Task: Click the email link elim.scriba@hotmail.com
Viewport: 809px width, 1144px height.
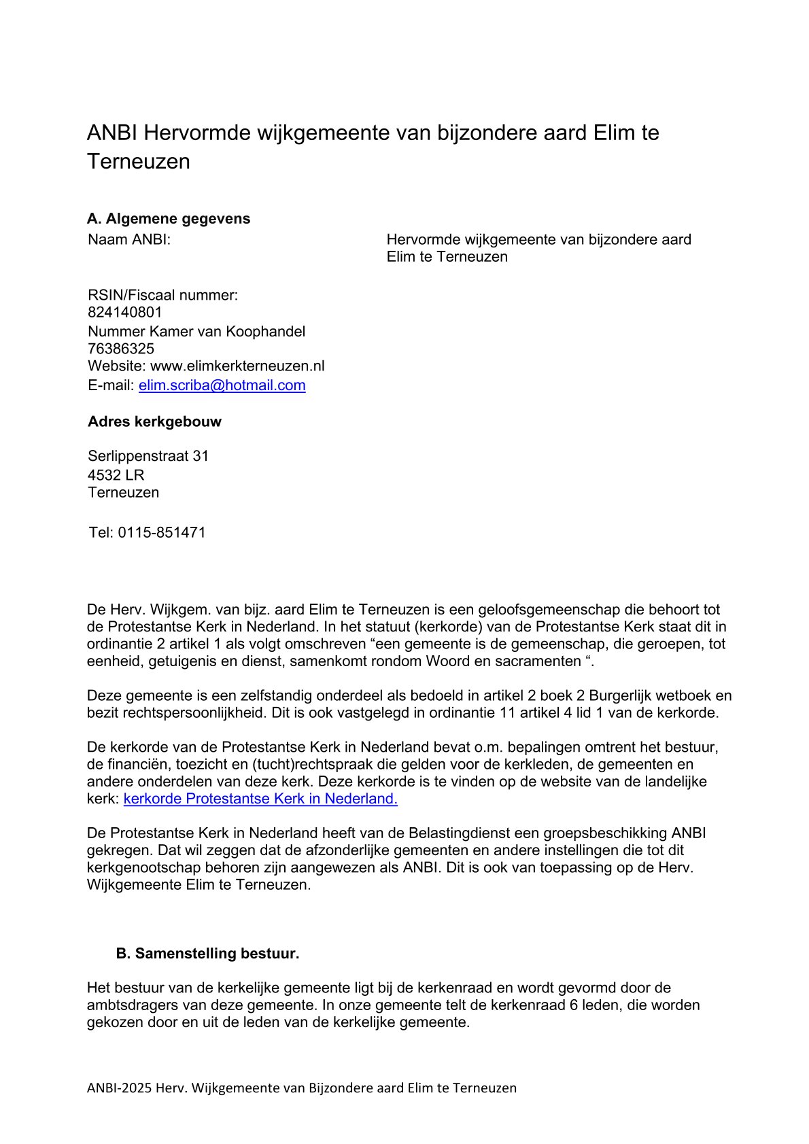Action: (222, 385)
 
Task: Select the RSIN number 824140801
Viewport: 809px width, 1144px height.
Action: (125, 313)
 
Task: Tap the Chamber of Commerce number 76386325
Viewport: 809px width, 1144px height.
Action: (121, 349)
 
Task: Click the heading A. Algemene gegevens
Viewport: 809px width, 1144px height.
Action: (169, 219)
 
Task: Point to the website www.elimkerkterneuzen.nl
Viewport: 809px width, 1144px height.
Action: (237, 366)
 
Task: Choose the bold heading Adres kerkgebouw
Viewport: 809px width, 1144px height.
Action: (154, 421)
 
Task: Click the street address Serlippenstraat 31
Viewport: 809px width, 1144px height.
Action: (148, 456)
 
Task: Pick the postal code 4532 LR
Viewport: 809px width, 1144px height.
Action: (116, 475)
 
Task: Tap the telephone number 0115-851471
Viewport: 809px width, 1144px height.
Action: (162, 533)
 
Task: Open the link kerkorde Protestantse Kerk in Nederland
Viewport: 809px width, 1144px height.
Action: (260, 799)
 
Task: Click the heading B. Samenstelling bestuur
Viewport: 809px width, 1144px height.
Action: (207, 954)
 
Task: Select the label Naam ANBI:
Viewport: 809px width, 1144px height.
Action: (129, 240)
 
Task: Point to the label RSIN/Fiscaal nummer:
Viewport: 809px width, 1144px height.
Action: (163, 296)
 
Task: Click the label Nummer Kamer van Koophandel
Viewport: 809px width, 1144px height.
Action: (196, 332)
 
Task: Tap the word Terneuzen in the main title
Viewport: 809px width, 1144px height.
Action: (139, 162)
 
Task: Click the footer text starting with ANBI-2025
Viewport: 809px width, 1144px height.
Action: (301, 1088)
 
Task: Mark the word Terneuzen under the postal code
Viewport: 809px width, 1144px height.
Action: (124, 493)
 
